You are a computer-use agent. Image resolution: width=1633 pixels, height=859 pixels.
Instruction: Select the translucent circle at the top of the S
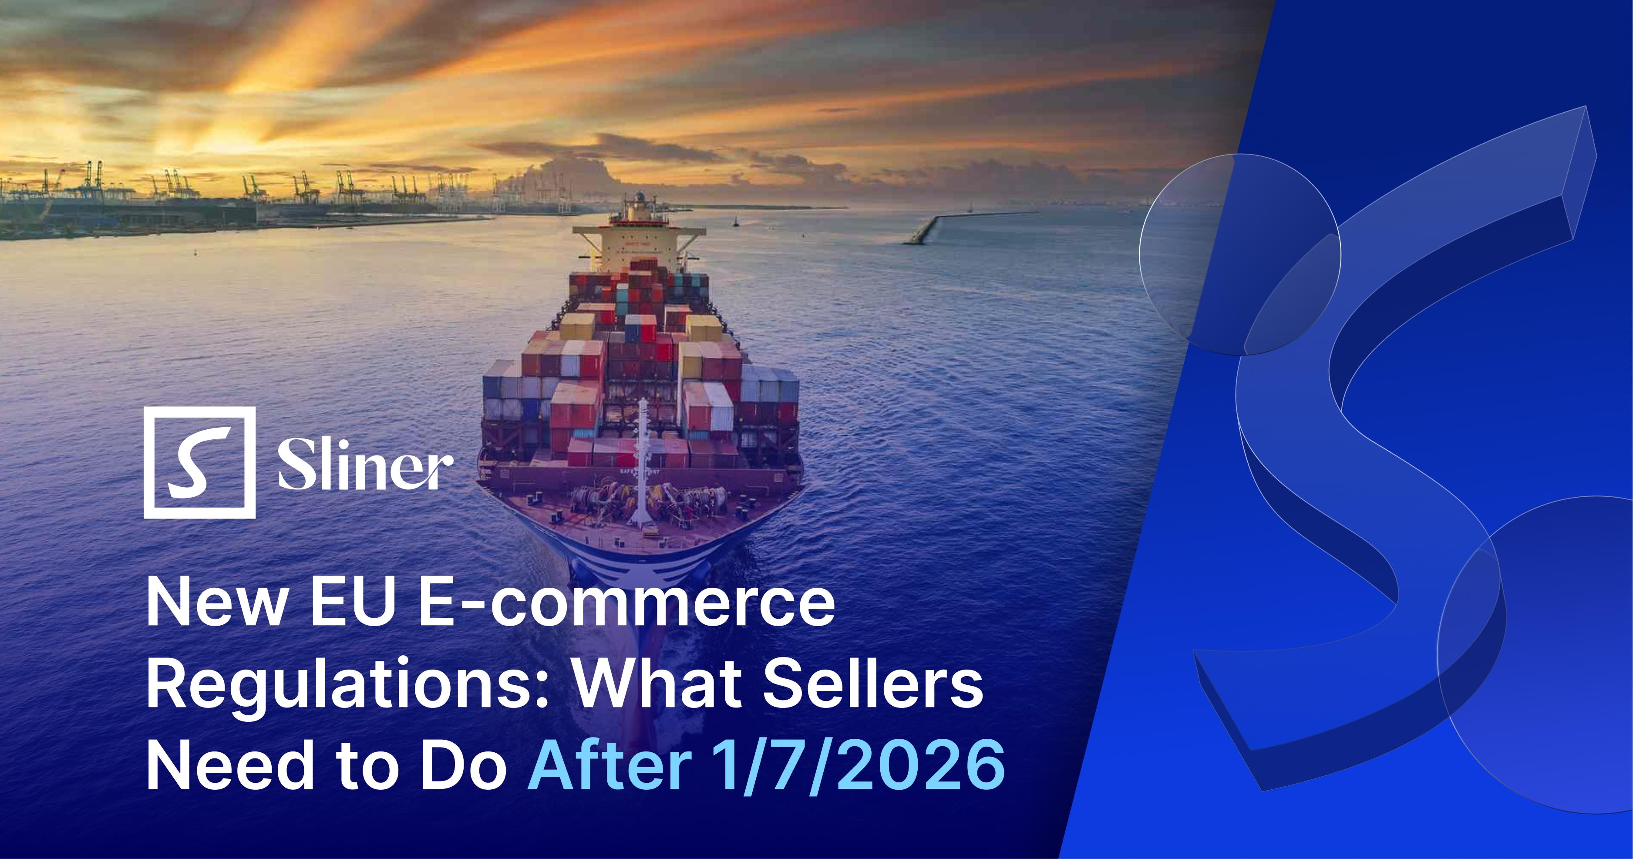point(1239,253)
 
